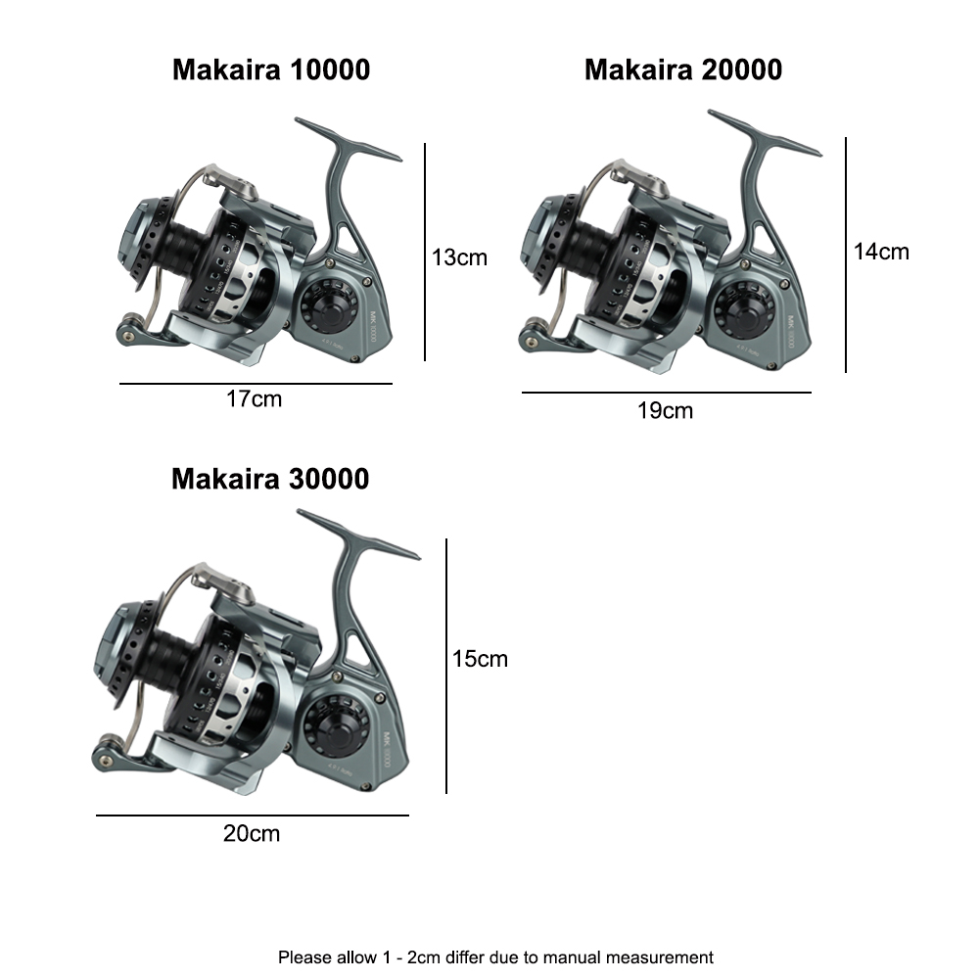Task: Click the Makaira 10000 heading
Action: (271, 70)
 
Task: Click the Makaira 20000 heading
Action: (683, 70)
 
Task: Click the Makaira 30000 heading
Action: (270, 479)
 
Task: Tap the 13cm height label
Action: (459, 257)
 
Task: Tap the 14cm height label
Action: (881, 252)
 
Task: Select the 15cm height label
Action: (480, 659)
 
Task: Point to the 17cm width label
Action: (254, 399)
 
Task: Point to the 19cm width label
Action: (665, 410)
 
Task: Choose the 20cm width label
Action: (252, 833)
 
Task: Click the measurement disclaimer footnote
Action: (495, 956)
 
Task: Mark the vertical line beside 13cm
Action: (426, 252)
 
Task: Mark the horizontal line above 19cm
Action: (666, 393)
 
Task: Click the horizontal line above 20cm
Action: (252, 816)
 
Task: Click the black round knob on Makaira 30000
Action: (328, 727)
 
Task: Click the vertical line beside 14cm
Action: (846, 255)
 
